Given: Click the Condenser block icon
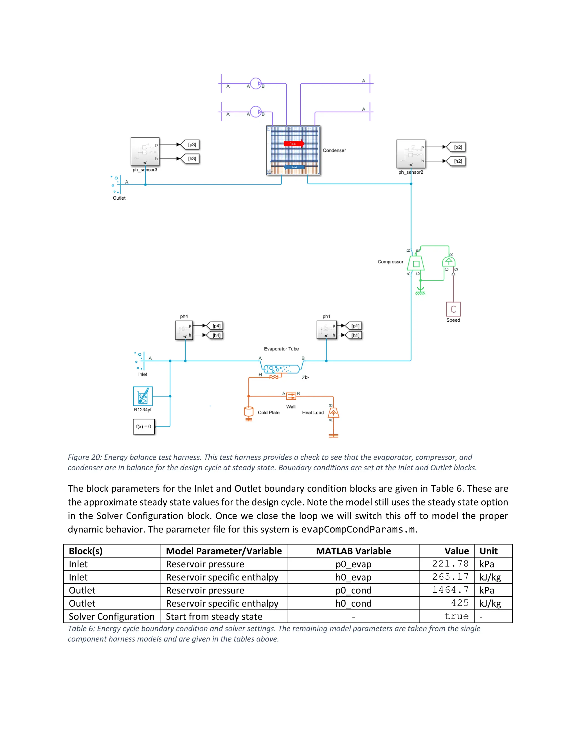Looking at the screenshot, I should click(x=293, y=150).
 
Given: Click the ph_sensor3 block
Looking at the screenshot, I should click(x=145, y=152).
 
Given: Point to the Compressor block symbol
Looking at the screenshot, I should click(x=416, y=264).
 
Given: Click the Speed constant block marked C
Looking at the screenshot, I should click(x=453, y=310).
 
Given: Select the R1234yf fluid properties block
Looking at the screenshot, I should click(x=143, y=396).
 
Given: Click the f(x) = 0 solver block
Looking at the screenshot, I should click(x=144, y=426).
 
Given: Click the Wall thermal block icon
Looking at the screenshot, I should click(x=291, y=396).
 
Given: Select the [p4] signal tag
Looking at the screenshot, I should click(x=216, y=326).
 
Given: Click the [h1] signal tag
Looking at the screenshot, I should click(x=355, y=335).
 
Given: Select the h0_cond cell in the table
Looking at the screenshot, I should click(x=353, y=603).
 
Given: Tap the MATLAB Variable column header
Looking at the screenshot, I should click(x=353, y=551).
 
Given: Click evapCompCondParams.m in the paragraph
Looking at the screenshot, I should click(x=358, y=529).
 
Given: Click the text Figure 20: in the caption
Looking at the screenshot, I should click(x=85, y=457).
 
